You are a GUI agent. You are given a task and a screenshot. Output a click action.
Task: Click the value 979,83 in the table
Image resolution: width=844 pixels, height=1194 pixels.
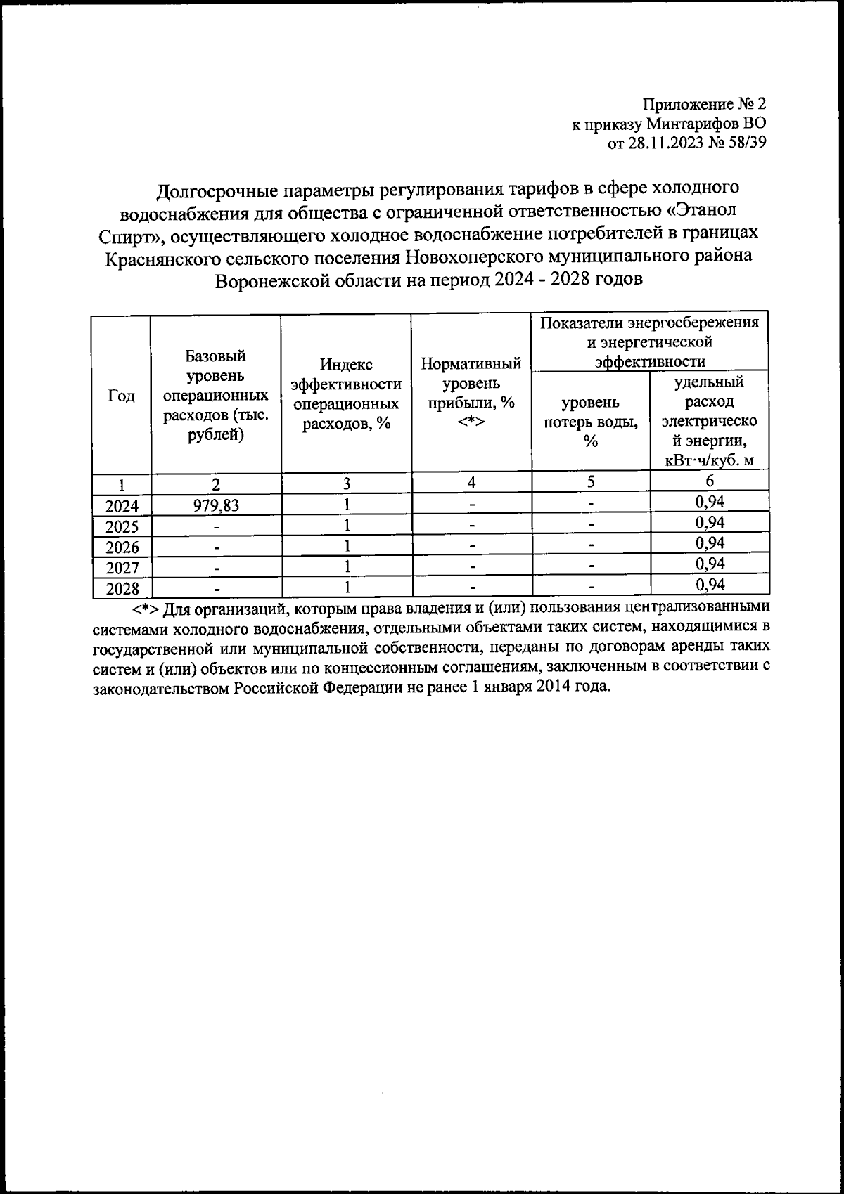(x=216, y=505)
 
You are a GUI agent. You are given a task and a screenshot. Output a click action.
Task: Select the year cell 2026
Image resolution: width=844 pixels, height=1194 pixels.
(x=122, y=547)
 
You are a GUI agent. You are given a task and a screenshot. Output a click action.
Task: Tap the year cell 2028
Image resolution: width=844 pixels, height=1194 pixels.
(x=122, y=588)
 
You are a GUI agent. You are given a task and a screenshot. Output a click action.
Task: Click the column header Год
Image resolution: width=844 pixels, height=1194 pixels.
(x=121, y=396)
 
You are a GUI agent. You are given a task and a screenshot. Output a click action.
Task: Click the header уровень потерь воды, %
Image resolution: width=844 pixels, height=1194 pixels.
(x=591, y=422)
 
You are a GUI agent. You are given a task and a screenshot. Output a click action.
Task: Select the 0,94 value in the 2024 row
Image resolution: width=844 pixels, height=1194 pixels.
(x=709, y=502)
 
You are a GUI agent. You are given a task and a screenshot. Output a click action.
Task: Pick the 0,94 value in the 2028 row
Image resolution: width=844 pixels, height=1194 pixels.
(x=709, y=584)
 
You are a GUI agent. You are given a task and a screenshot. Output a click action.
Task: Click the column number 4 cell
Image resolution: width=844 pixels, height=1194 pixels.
(x=471, y=482)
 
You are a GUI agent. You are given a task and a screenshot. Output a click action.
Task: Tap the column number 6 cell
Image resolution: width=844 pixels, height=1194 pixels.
(x=709, y=481)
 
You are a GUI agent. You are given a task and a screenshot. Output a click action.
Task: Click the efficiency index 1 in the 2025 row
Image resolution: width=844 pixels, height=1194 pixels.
(x=346, y=526)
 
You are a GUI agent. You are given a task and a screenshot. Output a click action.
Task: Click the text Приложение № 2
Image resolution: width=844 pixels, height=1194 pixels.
(x=704, y=105)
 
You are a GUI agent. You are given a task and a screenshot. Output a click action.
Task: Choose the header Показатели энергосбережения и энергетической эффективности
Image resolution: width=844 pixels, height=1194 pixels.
(x=649, y=342)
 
